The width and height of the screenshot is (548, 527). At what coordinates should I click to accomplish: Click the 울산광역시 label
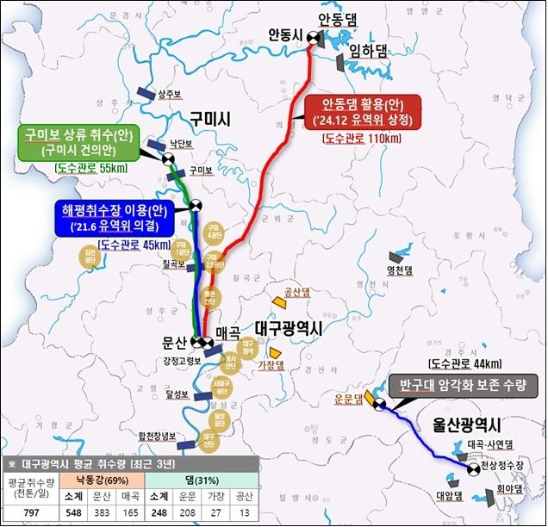coord(467,425)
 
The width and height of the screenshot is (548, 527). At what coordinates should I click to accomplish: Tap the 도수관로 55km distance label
coord(90,168)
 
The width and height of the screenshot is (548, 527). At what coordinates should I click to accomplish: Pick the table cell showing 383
coord(101,512)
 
